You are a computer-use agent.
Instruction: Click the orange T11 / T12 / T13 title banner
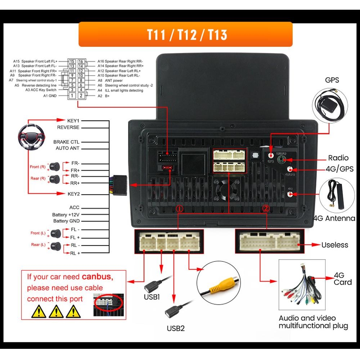pos(185,35)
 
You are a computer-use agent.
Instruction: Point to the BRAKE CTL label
pos(66,142)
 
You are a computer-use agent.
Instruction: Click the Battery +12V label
pos(66,215)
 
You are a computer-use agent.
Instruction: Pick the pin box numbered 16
pos(81,62)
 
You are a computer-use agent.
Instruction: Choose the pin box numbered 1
pos(72,96)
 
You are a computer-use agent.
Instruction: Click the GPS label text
pos(332,80)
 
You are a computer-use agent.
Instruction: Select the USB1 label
pos(152,297)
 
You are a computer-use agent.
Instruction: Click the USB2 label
pos(175,328)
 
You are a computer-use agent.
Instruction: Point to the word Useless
pos(335,245)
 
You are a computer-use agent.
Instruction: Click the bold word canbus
pos(97,277)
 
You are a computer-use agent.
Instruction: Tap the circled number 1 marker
pos(179,208)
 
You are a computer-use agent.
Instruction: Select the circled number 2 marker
pos(266,208)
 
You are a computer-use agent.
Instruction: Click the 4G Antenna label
pos(336,218)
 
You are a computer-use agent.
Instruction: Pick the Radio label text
pos(338,158)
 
